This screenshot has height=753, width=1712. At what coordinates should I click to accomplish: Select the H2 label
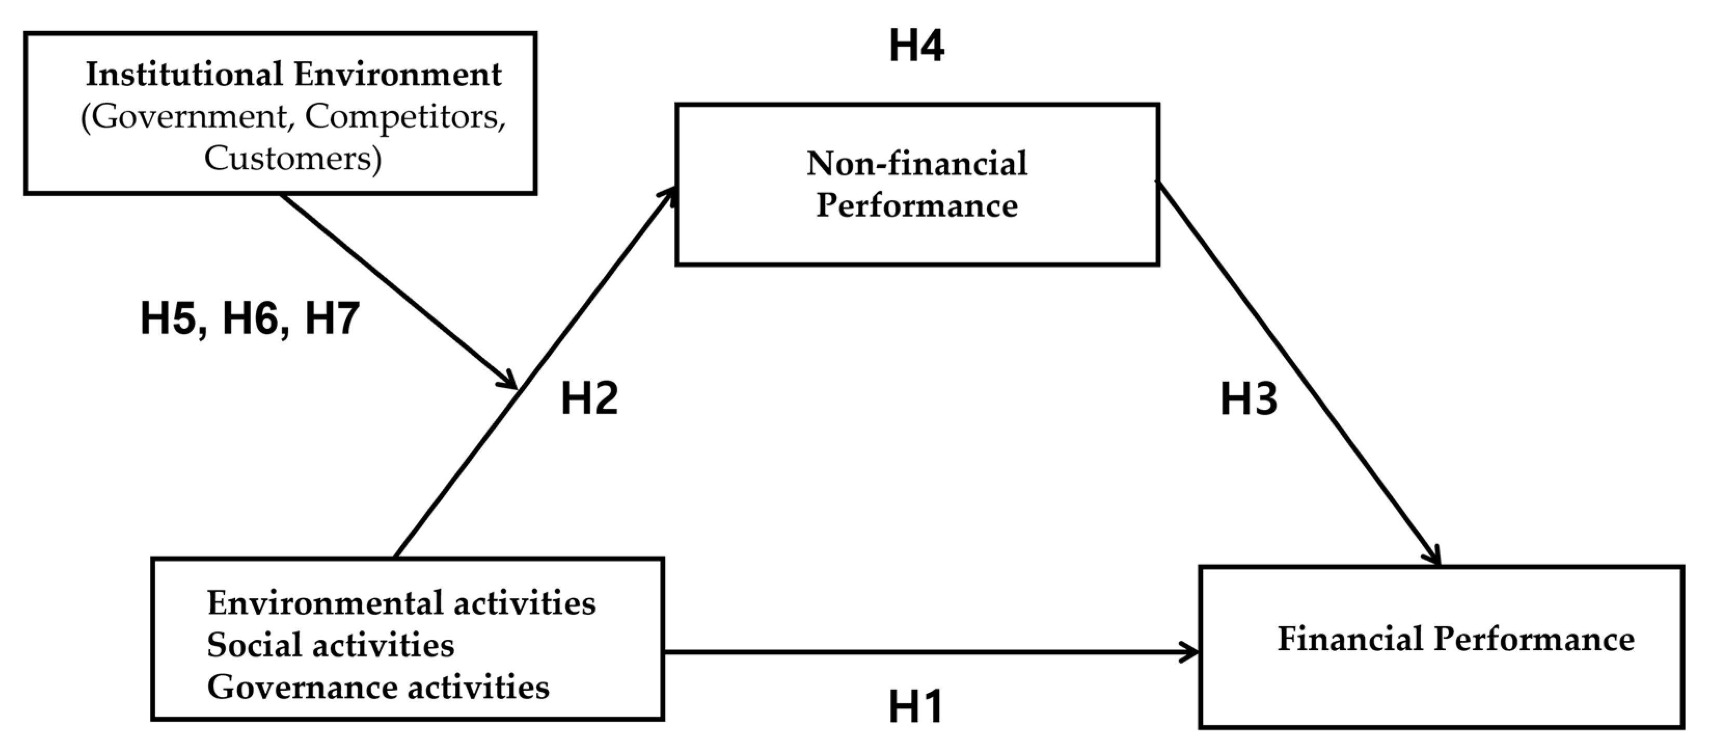point(589,399)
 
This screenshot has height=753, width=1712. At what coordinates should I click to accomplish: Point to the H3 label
point(1249,399)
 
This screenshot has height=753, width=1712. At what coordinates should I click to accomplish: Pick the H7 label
point(332,318)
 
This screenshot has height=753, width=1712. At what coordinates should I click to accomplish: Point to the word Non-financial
point(917,164)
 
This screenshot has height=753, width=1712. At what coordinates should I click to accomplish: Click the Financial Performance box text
point(1456,639)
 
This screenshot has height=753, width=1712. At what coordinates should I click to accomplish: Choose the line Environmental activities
point(401,603)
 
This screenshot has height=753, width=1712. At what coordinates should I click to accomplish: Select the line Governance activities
point(377,687)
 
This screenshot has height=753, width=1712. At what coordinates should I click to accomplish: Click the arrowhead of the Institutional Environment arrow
point(510,383)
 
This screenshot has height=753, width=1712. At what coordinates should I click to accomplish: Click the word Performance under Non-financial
point(917,205)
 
